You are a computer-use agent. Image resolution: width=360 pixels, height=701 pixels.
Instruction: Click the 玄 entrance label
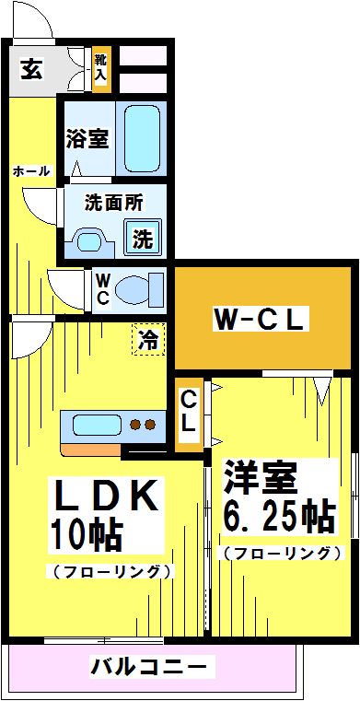coord(32,69)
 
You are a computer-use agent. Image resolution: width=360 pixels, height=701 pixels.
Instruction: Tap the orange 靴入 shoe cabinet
coord(101,68)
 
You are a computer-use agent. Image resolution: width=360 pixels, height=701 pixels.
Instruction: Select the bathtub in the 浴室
coord(142,139)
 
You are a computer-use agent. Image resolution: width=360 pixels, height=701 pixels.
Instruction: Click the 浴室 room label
coord(87,139)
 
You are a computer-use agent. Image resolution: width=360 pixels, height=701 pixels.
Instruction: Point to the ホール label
coord(30,171)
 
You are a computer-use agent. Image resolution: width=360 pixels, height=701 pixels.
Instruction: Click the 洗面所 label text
coord(114,204)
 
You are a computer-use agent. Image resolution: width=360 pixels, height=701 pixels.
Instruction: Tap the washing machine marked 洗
coord(143,239)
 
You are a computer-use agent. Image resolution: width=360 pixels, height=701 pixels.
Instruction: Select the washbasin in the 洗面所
coord(90,242)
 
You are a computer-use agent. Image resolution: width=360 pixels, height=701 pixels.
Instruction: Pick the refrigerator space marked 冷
coord(148,339)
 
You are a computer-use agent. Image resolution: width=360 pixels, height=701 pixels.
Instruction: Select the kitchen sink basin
coord(96,425)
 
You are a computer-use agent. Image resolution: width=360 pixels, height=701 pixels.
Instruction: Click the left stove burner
coord(135,424)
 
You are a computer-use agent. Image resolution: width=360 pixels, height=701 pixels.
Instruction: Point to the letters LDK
coord(106,496)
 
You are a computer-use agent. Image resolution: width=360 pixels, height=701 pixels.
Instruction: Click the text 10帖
coord(87,534)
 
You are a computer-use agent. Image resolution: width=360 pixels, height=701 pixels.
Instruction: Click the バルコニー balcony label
coord(150,668)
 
